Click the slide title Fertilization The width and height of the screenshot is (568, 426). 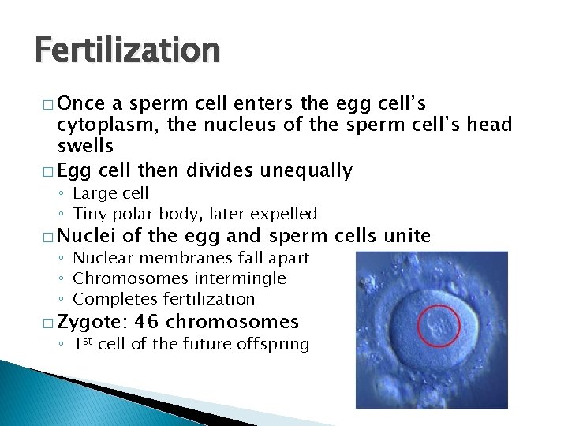coord(127,50)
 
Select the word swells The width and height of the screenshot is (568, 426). coord(85,146)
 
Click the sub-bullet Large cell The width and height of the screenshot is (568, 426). coord(110,193)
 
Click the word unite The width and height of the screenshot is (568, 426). coord(407,235)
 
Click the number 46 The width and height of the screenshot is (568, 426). coord(148,322)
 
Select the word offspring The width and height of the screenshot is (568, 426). coord(271,344)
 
